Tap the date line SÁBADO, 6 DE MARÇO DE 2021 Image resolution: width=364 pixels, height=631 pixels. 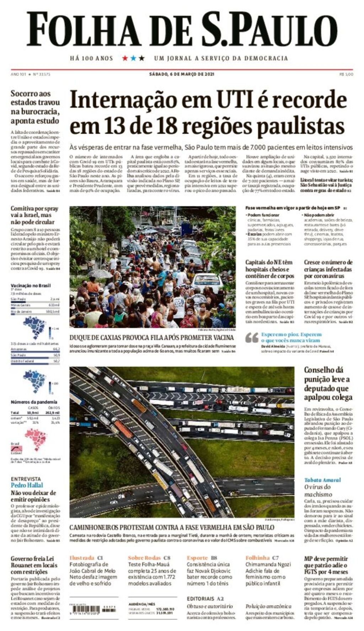(182, 74)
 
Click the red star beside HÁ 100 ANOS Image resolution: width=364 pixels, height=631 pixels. (125, 58)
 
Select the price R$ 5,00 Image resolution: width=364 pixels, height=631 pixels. (346, 74)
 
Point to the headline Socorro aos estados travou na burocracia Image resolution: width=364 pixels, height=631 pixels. (35, 107)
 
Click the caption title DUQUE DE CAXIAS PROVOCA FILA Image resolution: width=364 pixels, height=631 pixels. (151, 337)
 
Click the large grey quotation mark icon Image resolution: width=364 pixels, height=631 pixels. (252, 337)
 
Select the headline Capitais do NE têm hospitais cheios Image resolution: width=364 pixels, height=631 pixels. (270, 269)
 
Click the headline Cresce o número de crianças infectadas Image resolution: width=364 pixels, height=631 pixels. (328, 269)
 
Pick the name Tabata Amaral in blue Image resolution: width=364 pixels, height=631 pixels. (322, 480)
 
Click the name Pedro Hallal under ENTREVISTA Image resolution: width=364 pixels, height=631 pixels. (27, 485)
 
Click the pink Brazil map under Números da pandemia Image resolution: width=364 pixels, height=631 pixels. (37, 439)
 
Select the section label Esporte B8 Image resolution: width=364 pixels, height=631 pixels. (202, 558)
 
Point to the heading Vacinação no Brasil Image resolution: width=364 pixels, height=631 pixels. (31, 285)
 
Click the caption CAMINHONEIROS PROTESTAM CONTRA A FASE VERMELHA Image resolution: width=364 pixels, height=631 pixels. (172, 527)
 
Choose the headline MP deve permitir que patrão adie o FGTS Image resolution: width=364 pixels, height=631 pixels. (326, 565)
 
